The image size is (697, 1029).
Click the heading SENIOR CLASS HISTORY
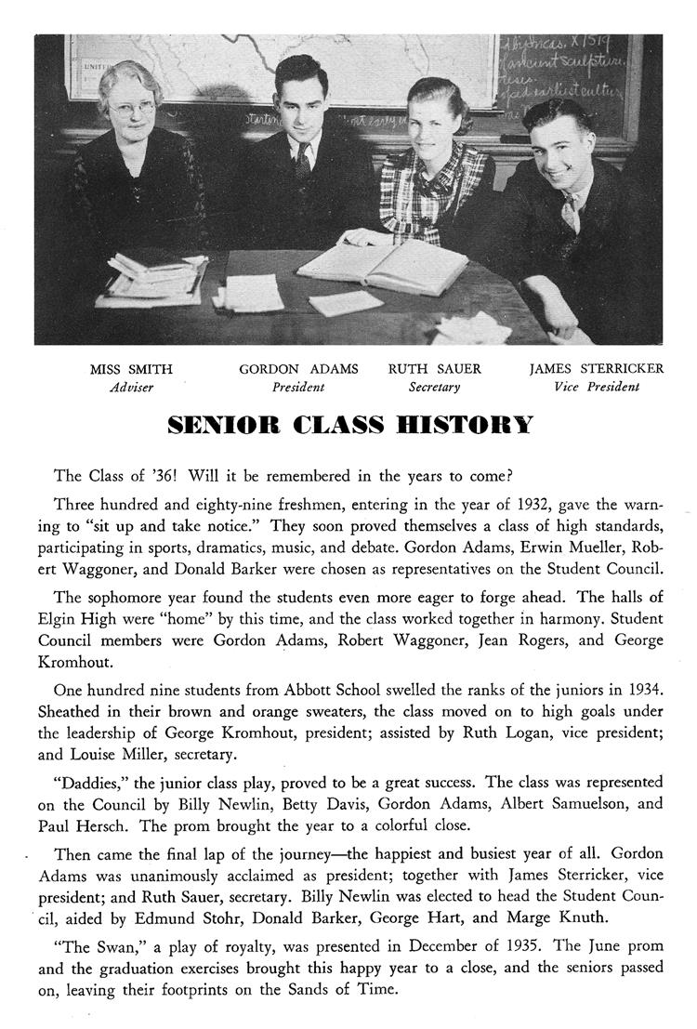(x=350, y=426)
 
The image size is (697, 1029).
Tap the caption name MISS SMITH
(x=131, y=369)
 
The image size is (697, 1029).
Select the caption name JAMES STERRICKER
(x=597, y=369)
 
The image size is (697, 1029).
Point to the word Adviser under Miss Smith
(x=131, y=388)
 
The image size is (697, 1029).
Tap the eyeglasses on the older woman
(x=131, y=108)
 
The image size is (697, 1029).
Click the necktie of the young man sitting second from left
(x=303, y=160)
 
